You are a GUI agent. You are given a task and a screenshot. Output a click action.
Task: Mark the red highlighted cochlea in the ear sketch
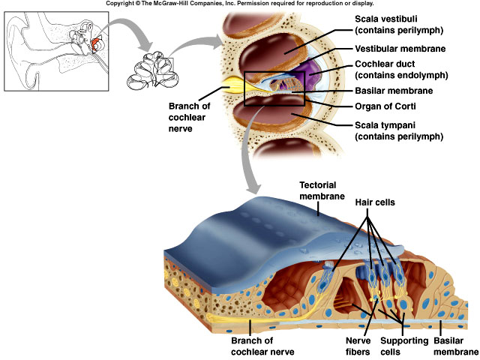pos(96,46)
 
